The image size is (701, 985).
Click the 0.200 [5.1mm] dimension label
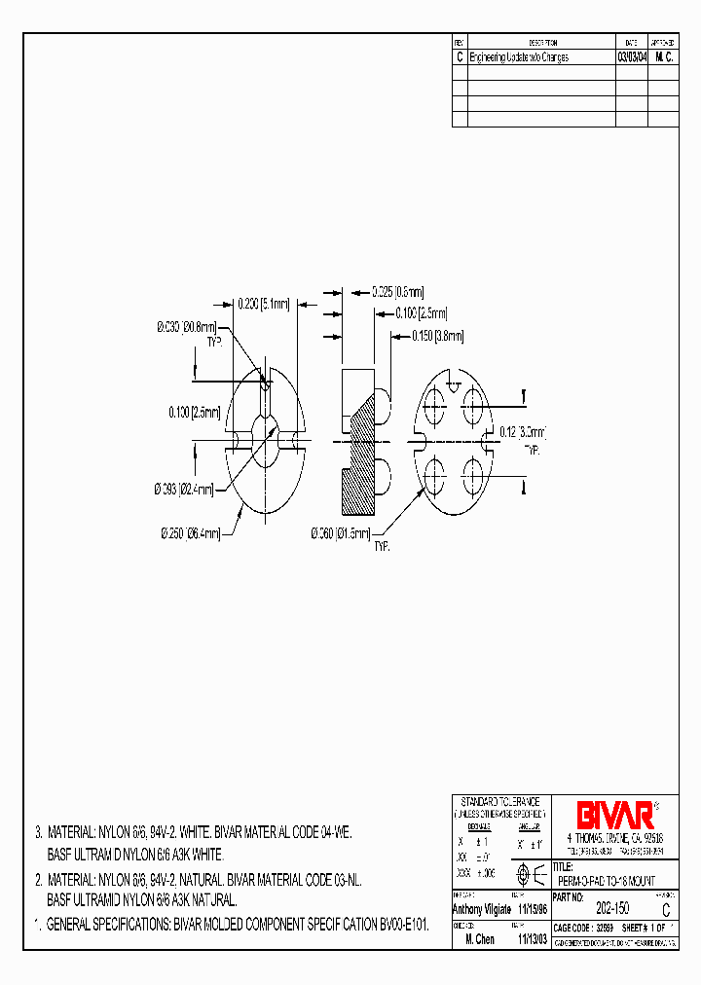pos(264,305)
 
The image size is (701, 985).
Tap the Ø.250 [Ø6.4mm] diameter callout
pos(191,532)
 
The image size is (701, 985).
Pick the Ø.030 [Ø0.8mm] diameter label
pos(185,329)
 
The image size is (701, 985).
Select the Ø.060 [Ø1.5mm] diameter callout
pos(341,532)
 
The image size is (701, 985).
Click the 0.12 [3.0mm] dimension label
pos(523,431)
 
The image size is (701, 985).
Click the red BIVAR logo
pos(614,815)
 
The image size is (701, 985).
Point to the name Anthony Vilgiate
pos(482,908)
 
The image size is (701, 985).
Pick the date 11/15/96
pos(532,908)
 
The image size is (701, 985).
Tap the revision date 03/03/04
pos(631,57)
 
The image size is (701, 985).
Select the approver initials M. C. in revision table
pos(664,57)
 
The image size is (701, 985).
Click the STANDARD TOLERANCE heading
pos(499,799)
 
